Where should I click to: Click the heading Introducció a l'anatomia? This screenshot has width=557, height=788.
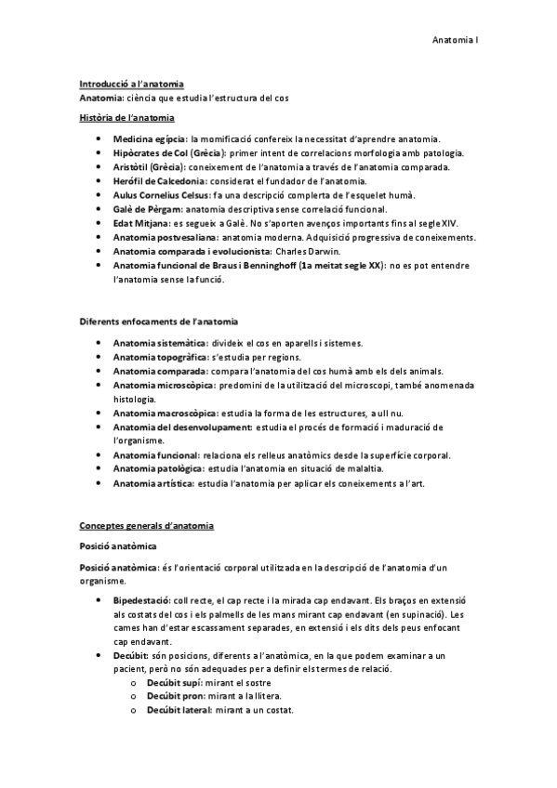pos(131,85)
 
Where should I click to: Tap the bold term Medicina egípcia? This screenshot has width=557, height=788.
pos(149,138)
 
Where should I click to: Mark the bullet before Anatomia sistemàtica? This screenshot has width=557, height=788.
pos(99,343)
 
